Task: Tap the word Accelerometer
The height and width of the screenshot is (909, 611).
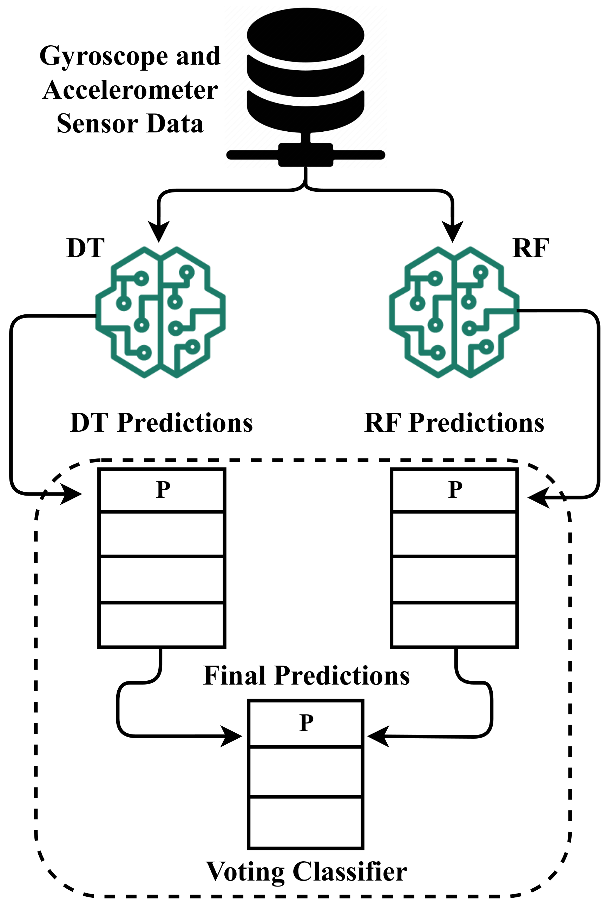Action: tap(130, 90)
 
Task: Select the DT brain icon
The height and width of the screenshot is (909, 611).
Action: tap(160, 312)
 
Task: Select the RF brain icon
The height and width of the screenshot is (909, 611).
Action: tap(454, 312)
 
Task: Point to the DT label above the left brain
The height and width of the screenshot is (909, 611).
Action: tap(85, 248)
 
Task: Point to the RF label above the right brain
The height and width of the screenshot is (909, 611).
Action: tap(531, 248)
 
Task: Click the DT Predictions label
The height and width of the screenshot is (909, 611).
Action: tap(161, 423)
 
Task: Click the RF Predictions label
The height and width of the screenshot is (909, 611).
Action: tap(454, 423)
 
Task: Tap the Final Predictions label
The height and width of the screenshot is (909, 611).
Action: tap(306, 675)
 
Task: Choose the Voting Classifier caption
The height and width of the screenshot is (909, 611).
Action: tap(306, 871)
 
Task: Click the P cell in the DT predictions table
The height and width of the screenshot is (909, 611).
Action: tap(162, 490)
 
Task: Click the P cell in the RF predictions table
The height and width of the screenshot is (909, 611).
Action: tap(454, 490)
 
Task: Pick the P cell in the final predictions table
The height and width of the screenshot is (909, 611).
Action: tap(306, 723)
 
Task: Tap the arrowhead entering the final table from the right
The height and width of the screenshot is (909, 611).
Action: tap(377, 736)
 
